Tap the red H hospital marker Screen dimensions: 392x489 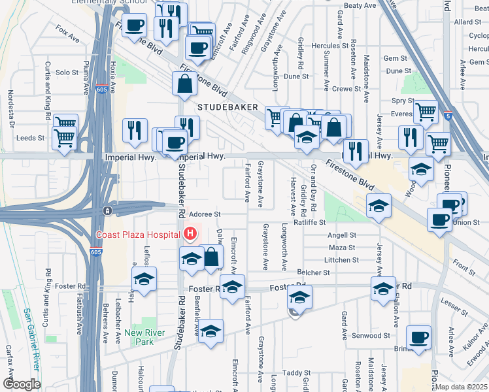tap(190, 233)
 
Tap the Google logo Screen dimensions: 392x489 tap(22, 384)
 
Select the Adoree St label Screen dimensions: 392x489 tap(205, 214)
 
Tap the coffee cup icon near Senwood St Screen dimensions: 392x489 tap(418, 337)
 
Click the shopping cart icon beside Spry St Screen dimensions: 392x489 tap(426, 112)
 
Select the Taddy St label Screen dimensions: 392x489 tap(295, 373)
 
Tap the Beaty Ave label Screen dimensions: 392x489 tap(360, 6)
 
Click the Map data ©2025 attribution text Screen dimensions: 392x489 tap(462, 387)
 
